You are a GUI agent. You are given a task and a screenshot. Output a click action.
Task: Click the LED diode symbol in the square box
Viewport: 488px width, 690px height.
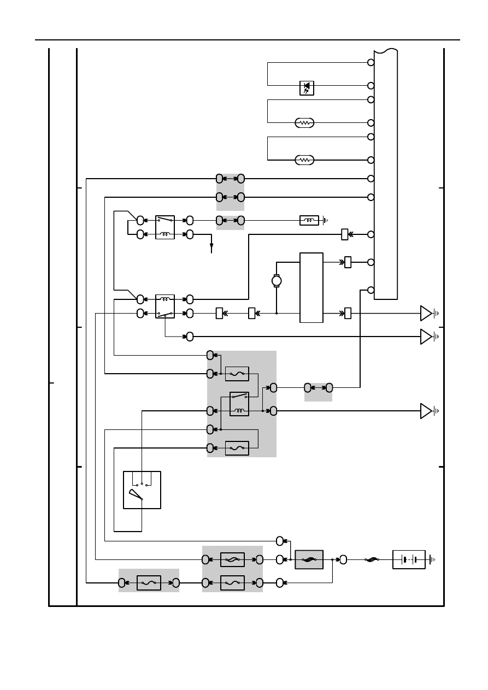pyautogui.click(x=307, y=87)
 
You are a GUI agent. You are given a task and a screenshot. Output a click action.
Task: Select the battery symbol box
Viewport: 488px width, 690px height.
pyautogui.click(x=409, y=560)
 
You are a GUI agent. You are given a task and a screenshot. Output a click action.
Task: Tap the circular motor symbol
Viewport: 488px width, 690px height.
pyautogui.click(x=277, y=280)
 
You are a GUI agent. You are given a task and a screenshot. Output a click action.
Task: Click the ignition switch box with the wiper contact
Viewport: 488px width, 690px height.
pyautogui.click(x=142, y=490)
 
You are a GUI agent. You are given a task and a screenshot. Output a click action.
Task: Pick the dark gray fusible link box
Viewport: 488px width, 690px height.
pyautogui.click(x=309, y=559)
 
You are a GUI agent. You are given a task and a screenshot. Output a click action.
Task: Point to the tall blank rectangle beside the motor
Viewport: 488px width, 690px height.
pyautogui.click(x=311, y=287)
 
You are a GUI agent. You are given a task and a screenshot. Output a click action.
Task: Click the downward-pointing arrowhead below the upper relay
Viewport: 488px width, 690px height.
pyautogui.click(x=211, y=249)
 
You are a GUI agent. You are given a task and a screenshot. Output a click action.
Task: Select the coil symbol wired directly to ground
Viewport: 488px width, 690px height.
pyautogui.click(x=309, y=221)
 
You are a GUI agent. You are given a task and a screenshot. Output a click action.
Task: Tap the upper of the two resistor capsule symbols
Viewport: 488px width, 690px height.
pyautogui.click(x=304, y=123)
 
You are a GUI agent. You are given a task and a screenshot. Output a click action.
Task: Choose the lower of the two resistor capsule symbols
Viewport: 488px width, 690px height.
pyautogui.click(x=304, y=160)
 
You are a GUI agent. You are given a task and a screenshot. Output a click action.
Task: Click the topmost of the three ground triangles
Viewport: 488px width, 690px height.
pyautogui.click(x=426, y=313)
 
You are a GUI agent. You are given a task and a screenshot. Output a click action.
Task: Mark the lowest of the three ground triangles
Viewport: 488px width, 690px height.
pyautogui.click(x=426, y=410)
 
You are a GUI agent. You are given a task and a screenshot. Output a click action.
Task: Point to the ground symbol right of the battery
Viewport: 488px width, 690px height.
pyautogui.click(x=433, y=560)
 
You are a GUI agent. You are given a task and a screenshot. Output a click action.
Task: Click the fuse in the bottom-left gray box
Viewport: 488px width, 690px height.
pyautogui.click(x=149, y=583)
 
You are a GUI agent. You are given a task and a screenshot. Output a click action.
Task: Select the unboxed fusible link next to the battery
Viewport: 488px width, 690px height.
pyautogui.click(x=372, y=560)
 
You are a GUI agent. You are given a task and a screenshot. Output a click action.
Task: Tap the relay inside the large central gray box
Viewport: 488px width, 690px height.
pyautogui.click(x=239, y=404)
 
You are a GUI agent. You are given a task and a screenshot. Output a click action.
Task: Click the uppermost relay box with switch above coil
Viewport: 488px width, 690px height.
pyautogui.click(x=165, y=227)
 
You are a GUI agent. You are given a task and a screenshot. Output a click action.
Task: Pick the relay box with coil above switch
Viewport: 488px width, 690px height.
pyautogui.click(x=165, y=306)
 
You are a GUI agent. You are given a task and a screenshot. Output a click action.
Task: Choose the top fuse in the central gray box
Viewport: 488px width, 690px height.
pyautogui.click(x=237, y=374)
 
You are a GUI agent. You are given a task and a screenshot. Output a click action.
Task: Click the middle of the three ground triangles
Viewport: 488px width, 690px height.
pyautogui.click(x=426, y=337)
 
